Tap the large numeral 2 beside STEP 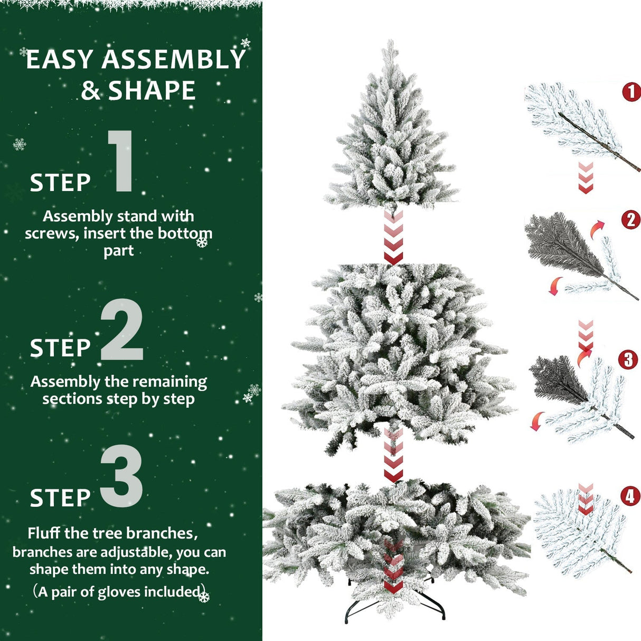(122, 330)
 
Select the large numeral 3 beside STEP (121, 477)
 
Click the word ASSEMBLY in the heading (174, 60)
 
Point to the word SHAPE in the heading (152, 91)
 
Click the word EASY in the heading (60, 60)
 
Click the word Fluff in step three (44, 533)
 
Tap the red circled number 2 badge (631, 220)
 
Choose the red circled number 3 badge (628, 360)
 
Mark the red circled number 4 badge (630, 496)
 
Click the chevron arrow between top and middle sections (393, 238)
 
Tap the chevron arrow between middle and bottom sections (393, 455)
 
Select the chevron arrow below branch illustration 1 (586, 177)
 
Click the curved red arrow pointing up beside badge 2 (597, 229)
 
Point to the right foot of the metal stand (442, 617)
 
